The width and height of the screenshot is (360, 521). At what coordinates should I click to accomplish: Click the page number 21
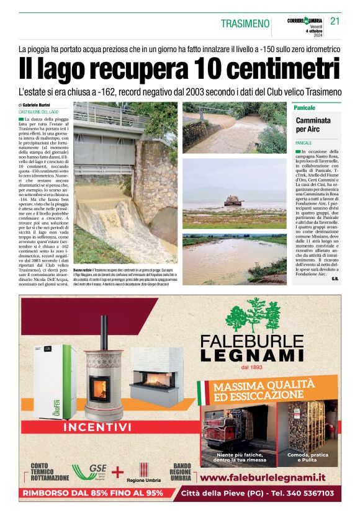(335, 21)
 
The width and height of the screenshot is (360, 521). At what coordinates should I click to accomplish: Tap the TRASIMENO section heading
(245, 24)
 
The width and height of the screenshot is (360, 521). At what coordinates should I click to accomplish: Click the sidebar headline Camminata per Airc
(313, 125)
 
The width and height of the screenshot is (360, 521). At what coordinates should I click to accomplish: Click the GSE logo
(90, 472)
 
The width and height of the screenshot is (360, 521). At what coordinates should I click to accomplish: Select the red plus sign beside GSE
(117, 472)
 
